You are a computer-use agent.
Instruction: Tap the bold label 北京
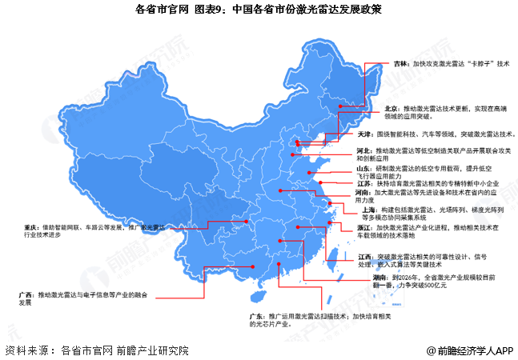tap(394, 107)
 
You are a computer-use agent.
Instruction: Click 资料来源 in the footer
tap(25, 350)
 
